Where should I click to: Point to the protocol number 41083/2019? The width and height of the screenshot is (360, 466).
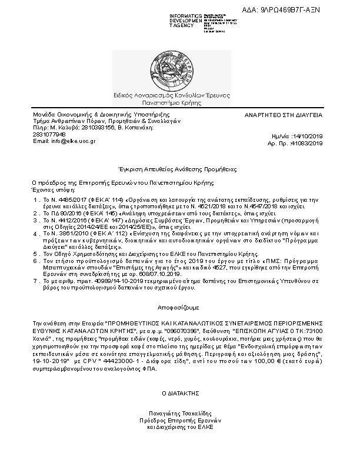coord(306,143)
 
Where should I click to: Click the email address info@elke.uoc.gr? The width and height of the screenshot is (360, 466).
coord(56,141)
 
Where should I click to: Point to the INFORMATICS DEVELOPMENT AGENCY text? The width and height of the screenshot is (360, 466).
coord(186,20)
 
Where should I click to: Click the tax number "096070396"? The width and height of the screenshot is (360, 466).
coord(188,332)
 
